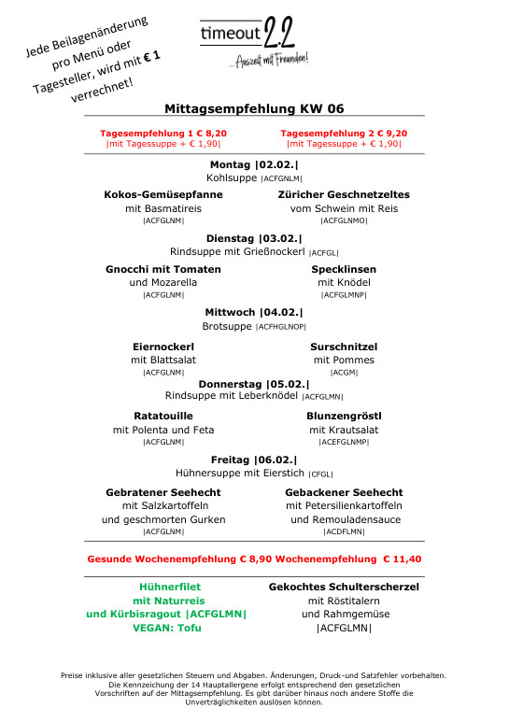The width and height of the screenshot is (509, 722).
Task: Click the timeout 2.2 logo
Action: pyautogui.click(x=254, y=42)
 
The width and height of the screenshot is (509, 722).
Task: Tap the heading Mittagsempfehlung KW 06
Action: pyautogui.click(x=254, y=108)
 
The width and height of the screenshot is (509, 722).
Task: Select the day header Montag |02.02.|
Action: pyautogui.click(x=254, y=163)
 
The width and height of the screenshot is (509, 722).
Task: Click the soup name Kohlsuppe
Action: pyautogui.click(x=233, y=177)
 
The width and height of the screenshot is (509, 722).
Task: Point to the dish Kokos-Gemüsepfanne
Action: pyautogui.click(x=163, y=194)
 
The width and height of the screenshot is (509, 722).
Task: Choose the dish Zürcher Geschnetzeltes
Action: pyautogui.click(x=344, y=194)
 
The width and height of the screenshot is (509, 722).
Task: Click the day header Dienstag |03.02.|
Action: pyautogui.click(x=254, y=238)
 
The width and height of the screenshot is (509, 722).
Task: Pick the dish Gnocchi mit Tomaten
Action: pyautogui.click(x=163, y=269)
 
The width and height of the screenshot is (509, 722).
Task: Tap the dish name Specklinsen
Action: pyautogui.click(x=344, y=269)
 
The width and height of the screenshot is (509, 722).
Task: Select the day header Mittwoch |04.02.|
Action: pyautogui.click(x=254, y=313)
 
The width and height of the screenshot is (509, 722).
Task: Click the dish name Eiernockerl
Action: pyautogui.click(x=163, y=346)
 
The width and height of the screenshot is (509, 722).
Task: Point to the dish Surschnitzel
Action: pyautogui.click(x=344, y=346)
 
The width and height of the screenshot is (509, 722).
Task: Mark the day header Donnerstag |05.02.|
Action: pyautogui.click(x=254, y=383)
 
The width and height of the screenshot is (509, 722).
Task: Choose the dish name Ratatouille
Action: pyautogui.click(x=163, y=416)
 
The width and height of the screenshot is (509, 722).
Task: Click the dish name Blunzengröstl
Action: pyautogui.click(x=344, y=416)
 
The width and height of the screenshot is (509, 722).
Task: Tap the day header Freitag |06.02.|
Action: pyautogui.click(x=254, y=460)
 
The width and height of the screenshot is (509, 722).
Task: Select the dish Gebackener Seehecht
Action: pyautogui.click(x=344, y=492)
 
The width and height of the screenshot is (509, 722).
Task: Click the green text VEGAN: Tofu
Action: pyautogui.click(x=163, y=628)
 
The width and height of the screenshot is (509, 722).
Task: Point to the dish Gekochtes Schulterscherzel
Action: pyautogui.click(x=344, y=587)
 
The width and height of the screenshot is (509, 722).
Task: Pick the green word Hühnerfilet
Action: pyautogui.click(x=163, y=587)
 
